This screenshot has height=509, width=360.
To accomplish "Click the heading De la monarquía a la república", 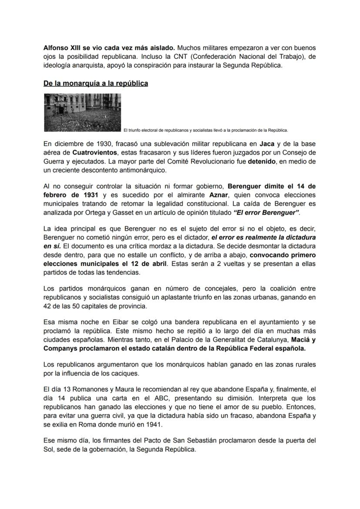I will coord(96,83).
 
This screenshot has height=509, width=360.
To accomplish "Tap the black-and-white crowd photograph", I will coord(83,112).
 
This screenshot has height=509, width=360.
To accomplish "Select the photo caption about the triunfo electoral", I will coord(206,130).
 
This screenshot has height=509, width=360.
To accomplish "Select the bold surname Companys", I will coord(61,348).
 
